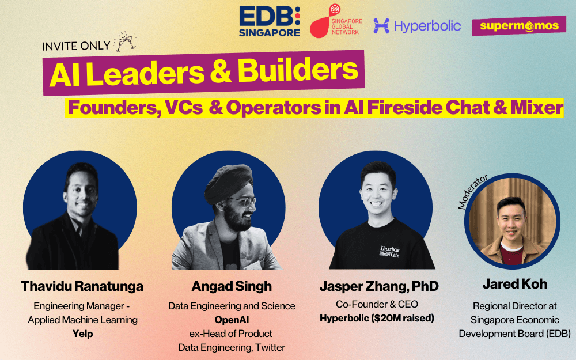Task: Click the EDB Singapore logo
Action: pos(270,21)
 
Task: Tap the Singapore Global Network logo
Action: pos(336,21)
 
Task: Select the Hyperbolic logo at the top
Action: pos(417,26)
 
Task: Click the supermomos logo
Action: pos(519,26)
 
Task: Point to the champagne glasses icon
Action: pos(126,41)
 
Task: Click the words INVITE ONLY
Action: pos(76,46)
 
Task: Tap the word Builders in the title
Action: pos(298,70)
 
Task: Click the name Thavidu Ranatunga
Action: pos(82,286)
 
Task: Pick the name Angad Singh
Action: pos(232,286)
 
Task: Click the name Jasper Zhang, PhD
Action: pos(379,286)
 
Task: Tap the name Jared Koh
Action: pos(514,284)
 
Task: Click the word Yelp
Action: pos(82,334)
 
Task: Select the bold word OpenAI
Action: pos(232,320)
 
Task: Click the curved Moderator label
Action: pos(473,192)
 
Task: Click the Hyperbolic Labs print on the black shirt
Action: pos(390,252)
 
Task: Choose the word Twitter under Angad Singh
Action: pos(270,347)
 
